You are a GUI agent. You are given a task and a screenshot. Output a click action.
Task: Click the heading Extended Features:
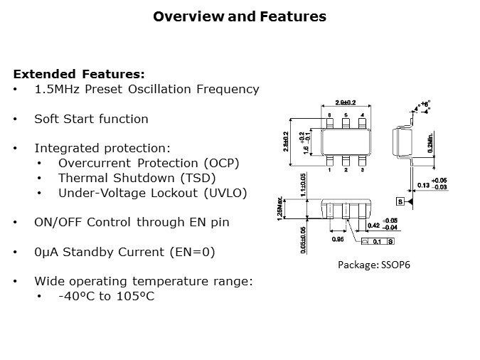(79, 74)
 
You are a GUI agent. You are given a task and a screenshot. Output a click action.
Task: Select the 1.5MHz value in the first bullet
(54, 89)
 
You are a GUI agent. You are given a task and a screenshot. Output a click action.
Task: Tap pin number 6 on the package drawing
(329, 115)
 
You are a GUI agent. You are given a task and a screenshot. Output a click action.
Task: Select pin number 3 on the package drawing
(363, 170)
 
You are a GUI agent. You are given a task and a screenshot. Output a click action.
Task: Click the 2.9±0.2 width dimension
(346, 102)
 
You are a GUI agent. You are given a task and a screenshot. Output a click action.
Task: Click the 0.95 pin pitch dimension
(338, 240)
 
